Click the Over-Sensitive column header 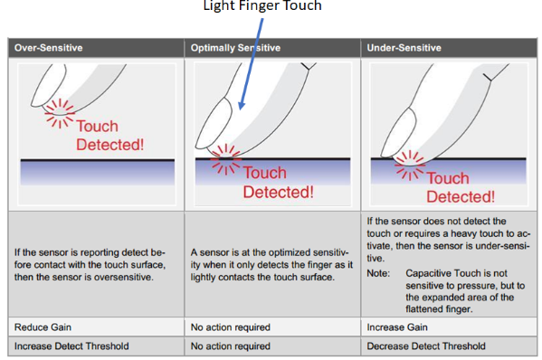click(x=48, y=48)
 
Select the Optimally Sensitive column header click(x=235, y=48)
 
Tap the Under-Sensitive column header click(x=404, y=48)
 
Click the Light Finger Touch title click(x=262, y=5)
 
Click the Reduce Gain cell click(x=43, y=327)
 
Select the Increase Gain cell click(x=397, y=327)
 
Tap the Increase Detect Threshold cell click(x=71, y=346)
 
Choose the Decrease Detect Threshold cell click(x=426, y=346)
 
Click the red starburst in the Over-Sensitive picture click(x=60, y=113)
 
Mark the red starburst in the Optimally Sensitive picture click(x=225, y=159)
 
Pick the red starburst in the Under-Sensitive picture click(x=410, y=166)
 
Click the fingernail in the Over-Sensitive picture click(x=48, y=85)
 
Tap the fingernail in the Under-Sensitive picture click(x=398, y=132)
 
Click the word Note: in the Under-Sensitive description click(x=378, y=273)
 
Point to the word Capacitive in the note click(x=427, y=273)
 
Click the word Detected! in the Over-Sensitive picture click(x=109, y=145)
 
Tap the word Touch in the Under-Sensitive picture click(x=448, y=178)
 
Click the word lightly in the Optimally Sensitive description click(x=204, y=278)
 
